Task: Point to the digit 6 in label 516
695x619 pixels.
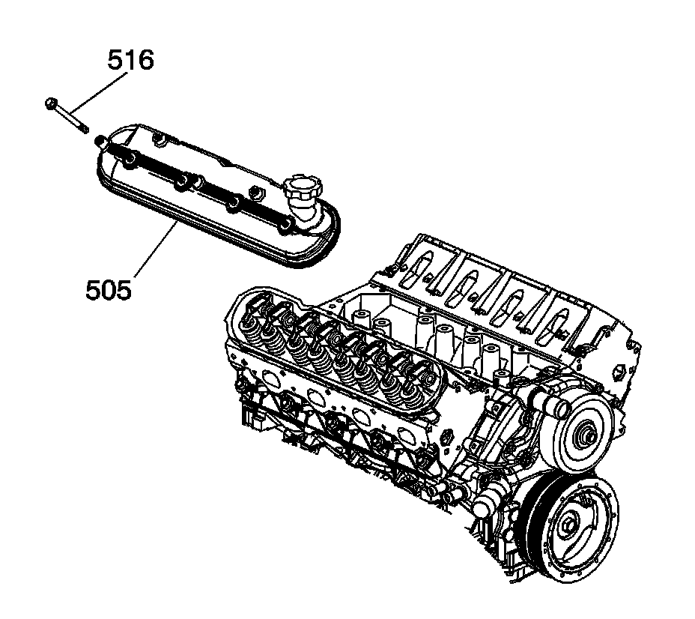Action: (x=145, y=60)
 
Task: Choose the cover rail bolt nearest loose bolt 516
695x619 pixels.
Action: (x=100, y=139)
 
